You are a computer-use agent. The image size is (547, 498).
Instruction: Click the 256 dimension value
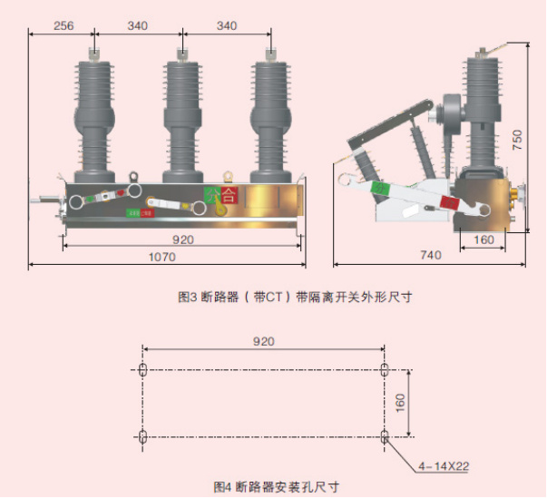[x=63, y=25]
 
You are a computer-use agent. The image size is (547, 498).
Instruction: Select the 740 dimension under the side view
[x=430, y=256]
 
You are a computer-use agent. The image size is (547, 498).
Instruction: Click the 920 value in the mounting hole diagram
[x=263, y=342]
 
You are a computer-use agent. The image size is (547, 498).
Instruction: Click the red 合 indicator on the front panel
[x=228, y=194]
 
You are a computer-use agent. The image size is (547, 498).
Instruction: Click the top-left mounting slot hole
[x=142, y=369]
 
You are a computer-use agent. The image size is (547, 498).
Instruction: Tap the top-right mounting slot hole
[x=385, y=369]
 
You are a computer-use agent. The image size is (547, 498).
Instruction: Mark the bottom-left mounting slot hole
[x=142, y=437]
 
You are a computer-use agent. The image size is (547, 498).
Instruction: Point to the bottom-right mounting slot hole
[x=385, y=437]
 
